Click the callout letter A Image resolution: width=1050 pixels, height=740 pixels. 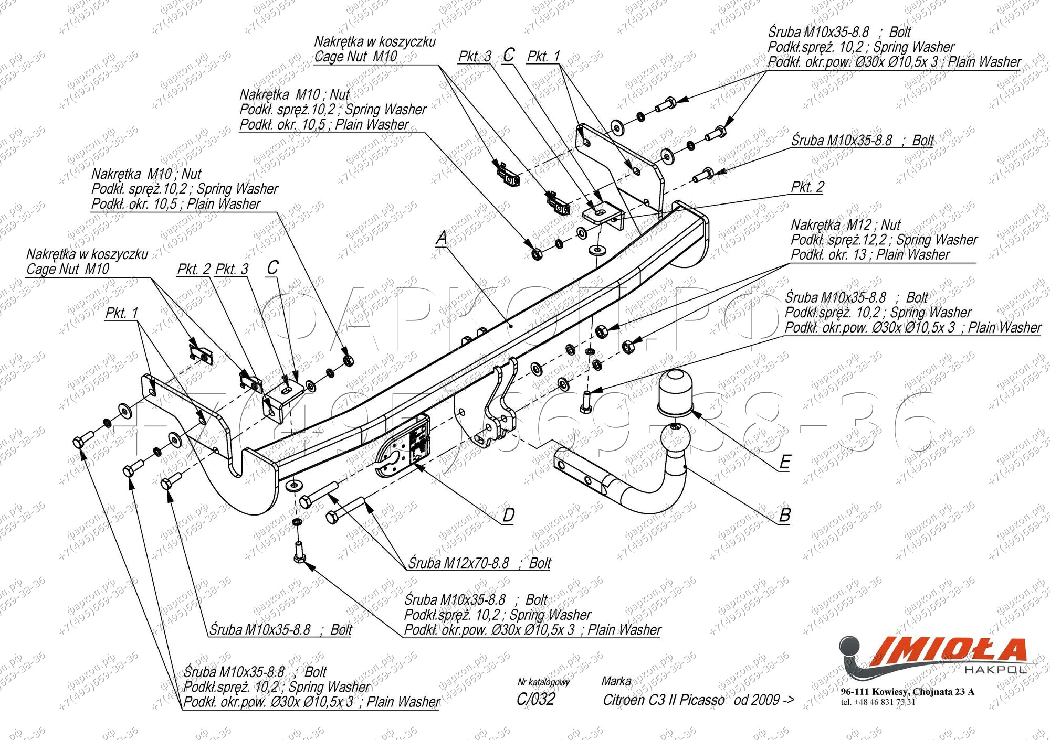click(x=442, y=238)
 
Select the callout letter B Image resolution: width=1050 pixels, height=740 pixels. click(x=784, y=514)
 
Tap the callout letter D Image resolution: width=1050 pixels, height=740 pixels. click(x=508, y=516)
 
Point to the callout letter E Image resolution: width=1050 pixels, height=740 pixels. click(x=784, y=462)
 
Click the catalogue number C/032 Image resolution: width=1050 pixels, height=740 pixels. click(x=535, y=699)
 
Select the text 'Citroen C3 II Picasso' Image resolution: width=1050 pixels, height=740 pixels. click(x=664, y=700)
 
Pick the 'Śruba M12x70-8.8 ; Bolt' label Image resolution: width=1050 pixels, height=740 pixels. click(x=479, y=563)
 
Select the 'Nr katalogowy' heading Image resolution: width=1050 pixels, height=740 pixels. click(x=543, y=682)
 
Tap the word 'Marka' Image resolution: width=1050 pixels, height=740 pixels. click(x=616, y=681)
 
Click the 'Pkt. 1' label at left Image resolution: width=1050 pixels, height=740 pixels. click(x=122, y=313)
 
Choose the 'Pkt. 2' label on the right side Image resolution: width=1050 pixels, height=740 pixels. click(x=807, y=187)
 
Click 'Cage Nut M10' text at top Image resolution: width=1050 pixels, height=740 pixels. click(x=355, y=56)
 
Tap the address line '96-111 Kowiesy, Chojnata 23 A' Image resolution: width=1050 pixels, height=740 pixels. click(x=907, y=692)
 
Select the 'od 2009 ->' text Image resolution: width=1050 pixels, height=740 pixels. click(x=764, y=700)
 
